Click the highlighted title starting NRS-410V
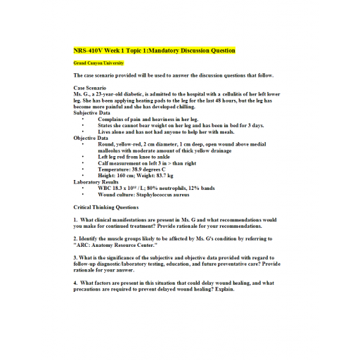point(154,51)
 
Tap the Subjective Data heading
point(92,112)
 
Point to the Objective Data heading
point(91,138)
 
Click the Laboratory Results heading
point(96,181)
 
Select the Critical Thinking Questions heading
point(106,207)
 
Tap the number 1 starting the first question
point(75,220)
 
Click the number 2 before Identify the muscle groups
point(75,239)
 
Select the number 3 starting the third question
point(75,258)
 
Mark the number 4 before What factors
point(75,283)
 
